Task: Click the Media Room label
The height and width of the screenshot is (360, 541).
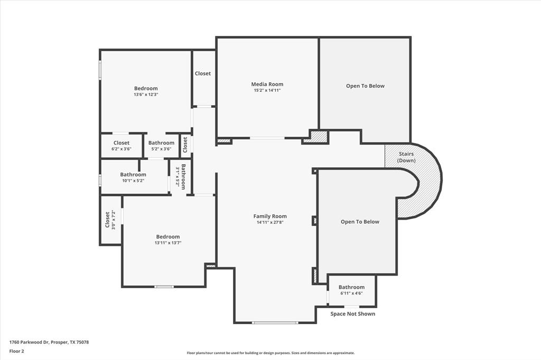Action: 267,84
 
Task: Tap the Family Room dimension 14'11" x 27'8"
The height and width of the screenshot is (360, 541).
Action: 270,222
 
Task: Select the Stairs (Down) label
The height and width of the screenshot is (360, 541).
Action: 406,157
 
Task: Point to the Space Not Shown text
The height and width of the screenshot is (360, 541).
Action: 352,314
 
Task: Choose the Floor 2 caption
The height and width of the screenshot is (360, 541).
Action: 17,350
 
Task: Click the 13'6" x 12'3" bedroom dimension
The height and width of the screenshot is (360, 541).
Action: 146,94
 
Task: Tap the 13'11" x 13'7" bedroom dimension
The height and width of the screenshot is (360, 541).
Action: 167,243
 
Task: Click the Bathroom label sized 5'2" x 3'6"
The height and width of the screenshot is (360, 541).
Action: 161,143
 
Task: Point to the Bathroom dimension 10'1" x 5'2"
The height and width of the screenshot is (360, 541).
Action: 133,181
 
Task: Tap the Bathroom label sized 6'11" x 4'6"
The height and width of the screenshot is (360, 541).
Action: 351,287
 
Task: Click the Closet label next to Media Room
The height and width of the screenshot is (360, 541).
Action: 203,73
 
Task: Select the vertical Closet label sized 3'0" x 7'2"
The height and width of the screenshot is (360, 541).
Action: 107,219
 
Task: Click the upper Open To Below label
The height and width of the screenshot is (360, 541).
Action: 365,86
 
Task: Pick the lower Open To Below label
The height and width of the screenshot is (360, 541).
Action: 360,222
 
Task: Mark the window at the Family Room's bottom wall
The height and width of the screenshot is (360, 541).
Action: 275,323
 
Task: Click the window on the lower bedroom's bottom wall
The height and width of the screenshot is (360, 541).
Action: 164,287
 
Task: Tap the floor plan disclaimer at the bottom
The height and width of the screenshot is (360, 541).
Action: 270,353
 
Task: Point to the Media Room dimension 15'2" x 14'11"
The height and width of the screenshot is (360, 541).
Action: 267,90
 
